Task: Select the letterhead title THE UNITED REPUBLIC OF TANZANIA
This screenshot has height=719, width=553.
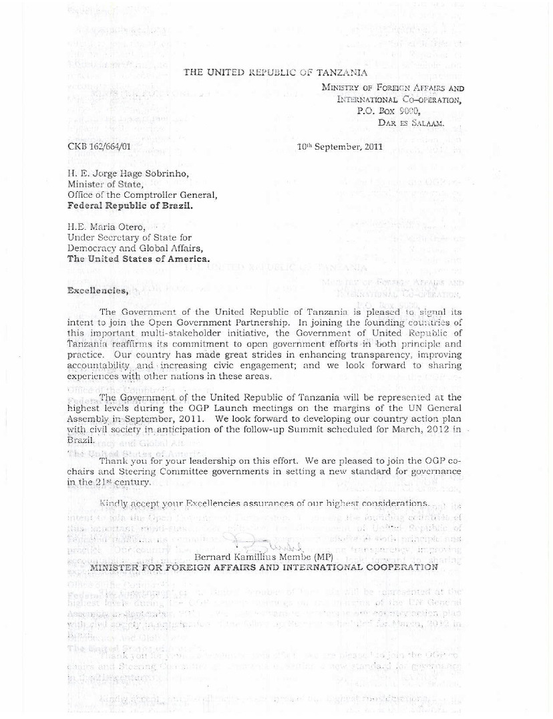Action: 275,72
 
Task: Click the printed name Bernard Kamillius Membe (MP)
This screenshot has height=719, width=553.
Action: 260,556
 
